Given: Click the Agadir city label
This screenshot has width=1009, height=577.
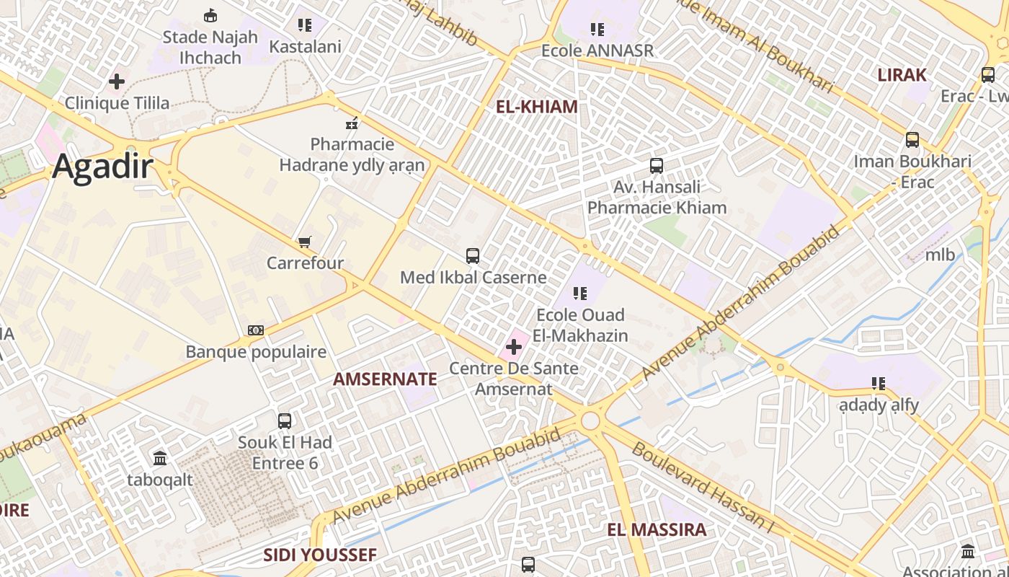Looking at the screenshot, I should (102, 167).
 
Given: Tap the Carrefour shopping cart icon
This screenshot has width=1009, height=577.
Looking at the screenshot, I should (305, 242).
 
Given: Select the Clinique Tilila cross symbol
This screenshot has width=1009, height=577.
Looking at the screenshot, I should (117, 82).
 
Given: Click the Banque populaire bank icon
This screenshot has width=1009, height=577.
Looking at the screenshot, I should (256, 330).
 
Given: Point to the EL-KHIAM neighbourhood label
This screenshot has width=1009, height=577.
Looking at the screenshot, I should (537, 107).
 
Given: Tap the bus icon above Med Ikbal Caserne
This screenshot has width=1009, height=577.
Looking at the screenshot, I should (473, 255).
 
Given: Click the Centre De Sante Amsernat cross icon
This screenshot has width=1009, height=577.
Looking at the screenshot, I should (514, 348).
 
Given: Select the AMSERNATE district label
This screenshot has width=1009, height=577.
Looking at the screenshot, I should (385, 379).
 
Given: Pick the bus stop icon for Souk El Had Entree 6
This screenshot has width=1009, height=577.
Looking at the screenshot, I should (285, 420).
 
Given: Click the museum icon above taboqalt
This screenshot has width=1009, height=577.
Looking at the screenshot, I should (160, 458).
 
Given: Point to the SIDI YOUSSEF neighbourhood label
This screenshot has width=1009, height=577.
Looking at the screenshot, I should (320, 555).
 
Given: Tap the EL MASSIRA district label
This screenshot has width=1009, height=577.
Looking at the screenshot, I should (657, 530).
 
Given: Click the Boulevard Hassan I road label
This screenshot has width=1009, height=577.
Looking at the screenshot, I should (702, 488).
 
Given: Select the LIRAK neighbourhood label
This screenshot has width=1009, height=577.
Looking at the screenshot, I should (902, 75).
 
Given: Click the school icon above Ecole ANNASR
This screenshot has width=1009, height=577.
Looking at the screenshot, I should (597, 30).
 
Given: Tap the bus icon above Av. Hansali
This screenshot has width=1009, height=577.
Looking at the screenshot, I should (657, 166).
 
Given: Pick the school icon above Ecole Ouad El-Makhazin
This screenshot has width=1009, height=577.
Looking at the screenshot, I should (580, 294).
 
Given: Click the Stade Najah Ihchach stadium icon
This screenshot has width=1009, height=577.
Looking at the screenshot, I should (210, 15).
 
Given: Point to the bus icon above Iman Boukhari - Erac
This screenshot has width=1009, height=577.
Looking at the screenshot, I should (912, 140).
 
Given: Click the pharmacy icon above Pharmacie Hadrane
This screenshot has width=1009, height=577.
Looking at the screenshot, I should (352, 123).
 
